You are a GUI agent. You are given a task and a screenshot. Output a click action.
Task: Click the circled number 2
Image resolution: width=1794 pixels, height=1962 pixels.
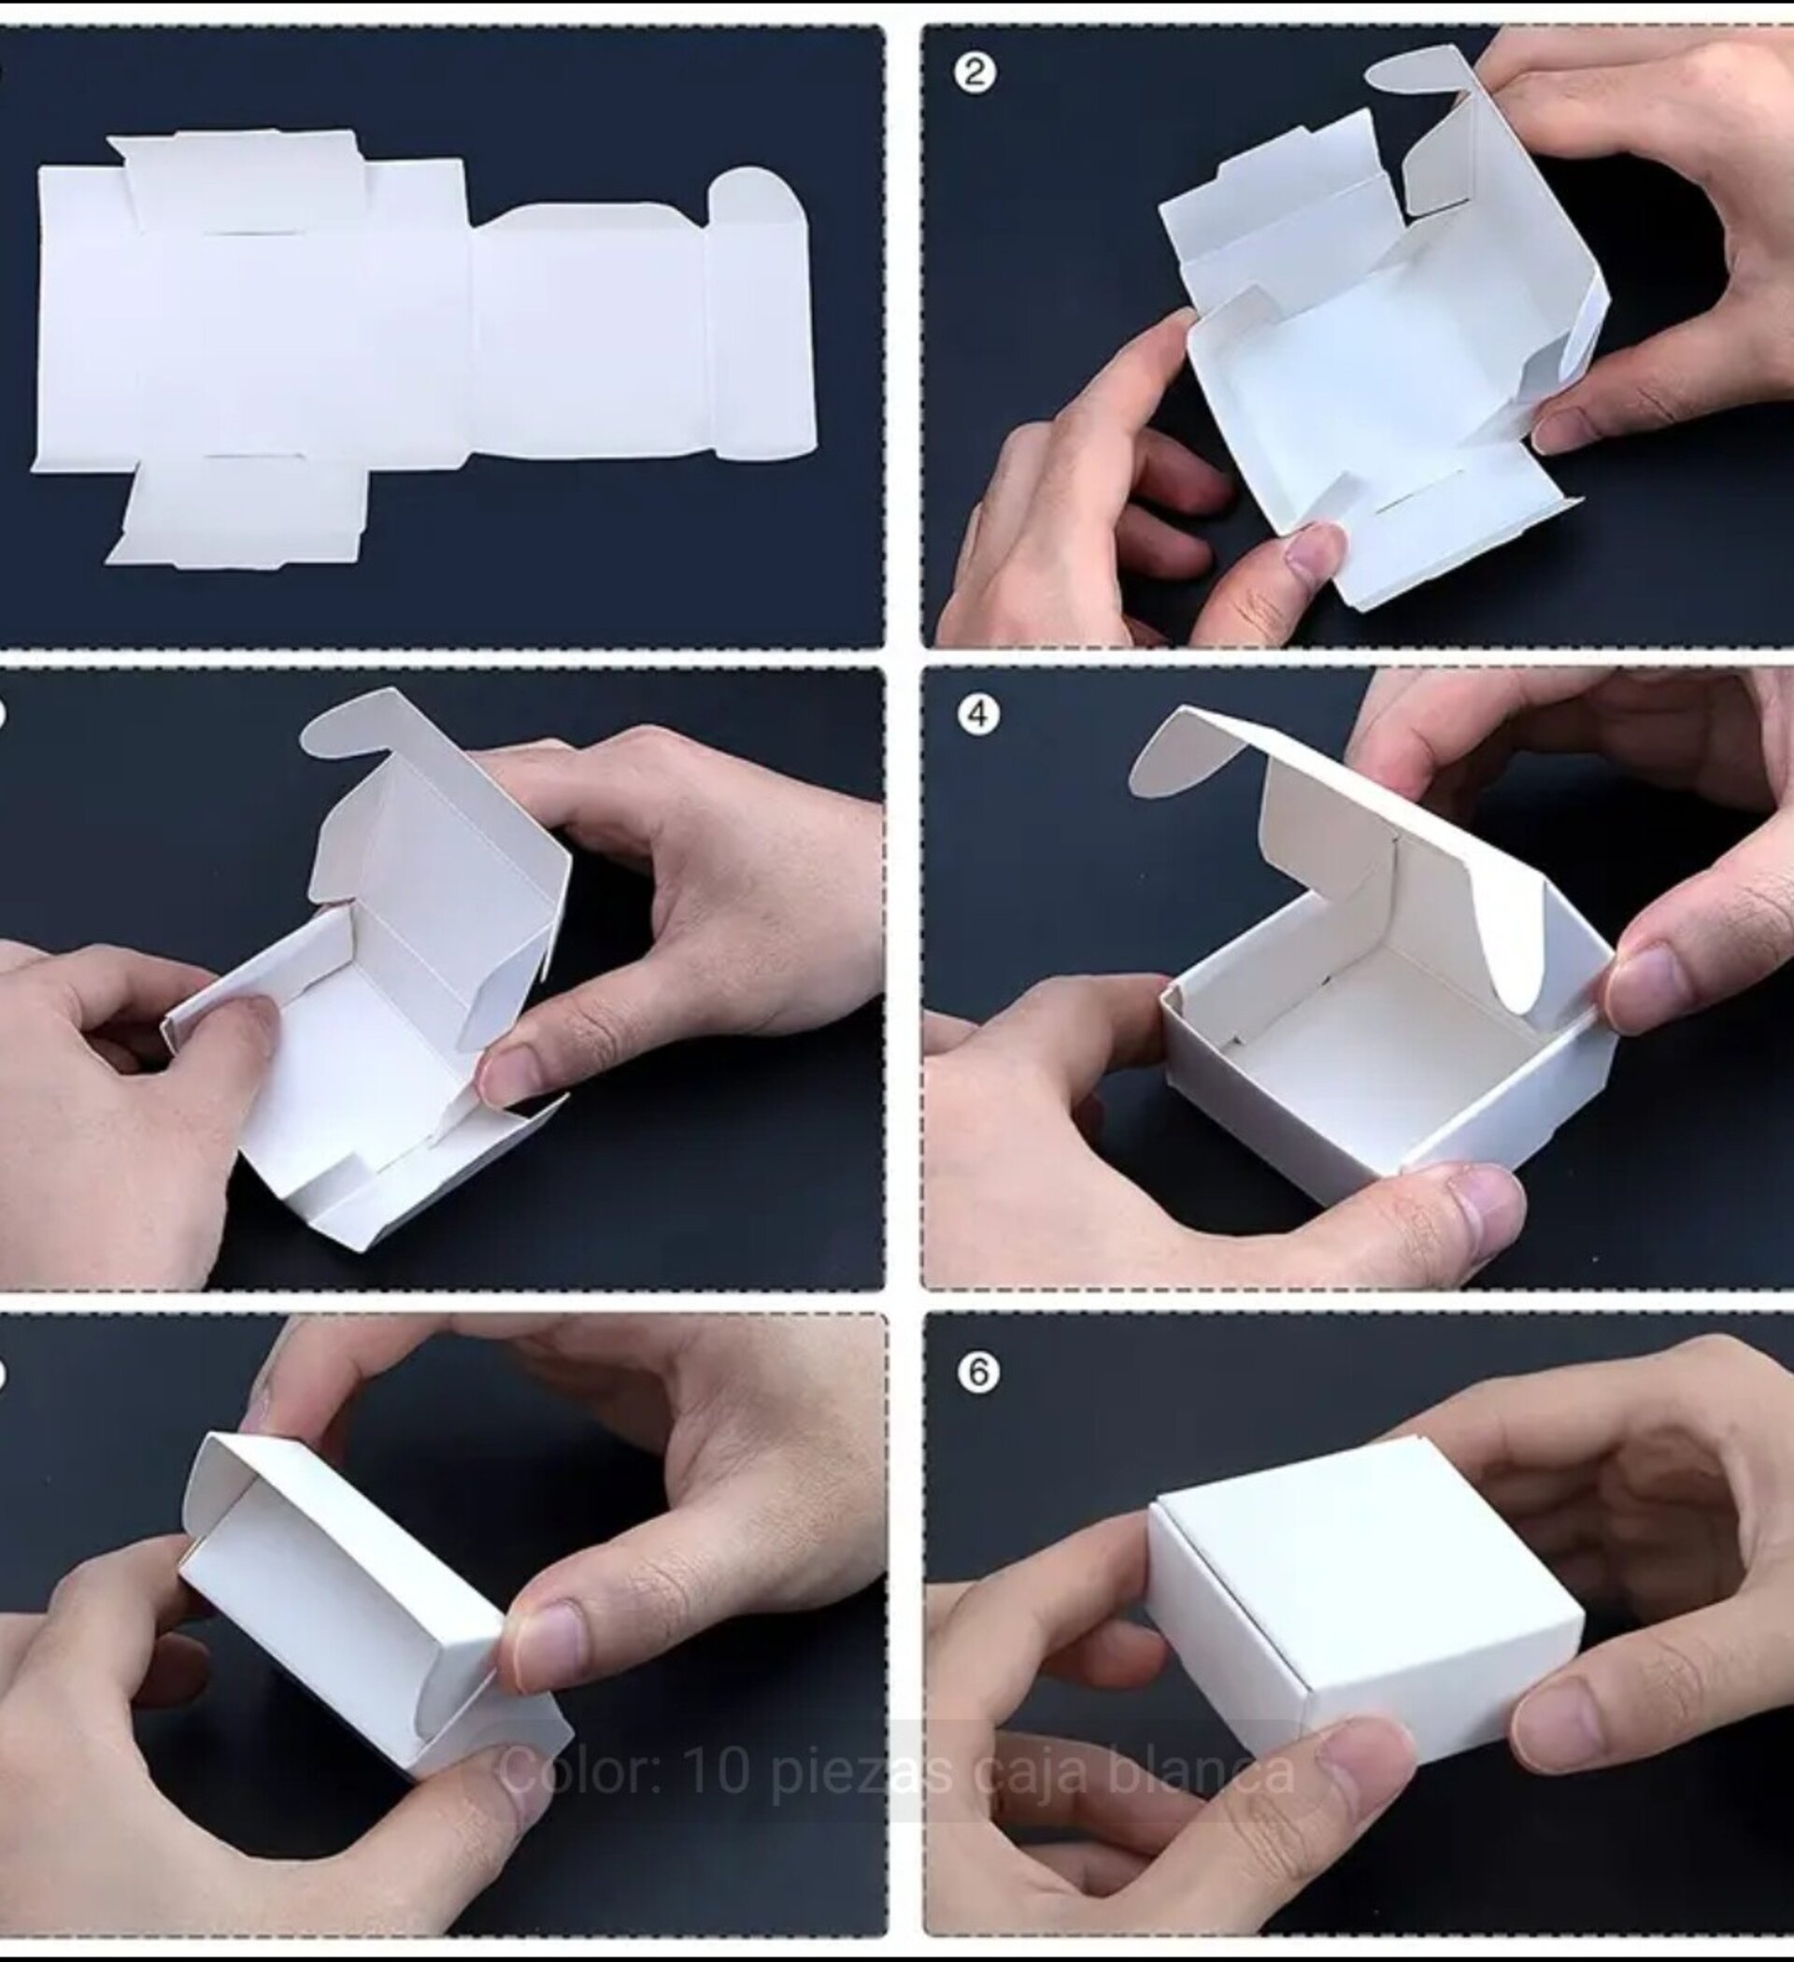point(975,74)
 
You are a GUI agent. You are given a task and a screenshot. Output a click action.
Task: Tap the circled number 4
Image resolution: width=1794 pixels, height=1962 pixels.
point(977,716)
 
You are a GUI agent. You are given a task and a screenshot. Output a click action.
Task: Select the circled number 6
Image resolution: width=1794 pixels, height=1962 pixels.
point(978,1372)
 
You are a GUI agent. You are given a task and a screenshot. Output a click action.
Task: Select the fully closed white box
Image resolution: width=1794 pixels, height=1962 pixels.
point(1362,1596)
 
